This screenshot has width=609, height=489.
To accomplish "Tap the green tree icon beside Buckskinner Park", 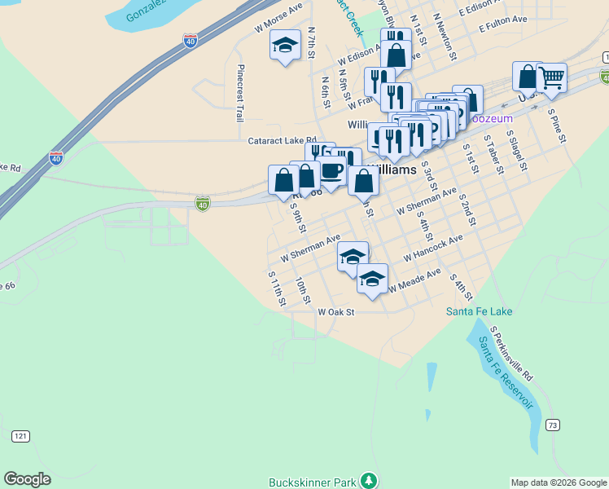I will (370, 480).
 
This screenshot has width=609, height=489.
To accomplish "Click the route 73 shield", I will (553, 425).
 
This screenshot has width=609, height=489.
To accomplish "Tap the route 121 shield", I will (20, 437).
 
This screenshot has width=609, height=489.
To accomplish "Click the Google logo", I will (28, 479).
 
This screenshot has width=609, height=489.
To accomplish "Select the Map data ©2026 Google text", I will (558, 482).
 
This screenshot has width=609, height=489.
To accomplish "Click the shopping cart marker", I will (552, 78).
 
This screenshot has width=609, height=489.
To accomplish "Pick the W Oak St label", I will (336, 312).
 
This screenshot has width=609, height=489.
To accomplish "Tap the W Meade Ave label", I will (414, 281).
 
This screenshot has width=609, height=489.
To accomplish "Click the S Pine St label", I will (557, 126).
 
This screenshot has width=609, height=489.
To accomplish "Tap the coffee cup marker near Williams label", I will (331, 170).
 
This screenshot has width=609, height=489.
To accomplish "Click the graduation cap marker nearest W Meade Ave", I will (372, 279).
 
